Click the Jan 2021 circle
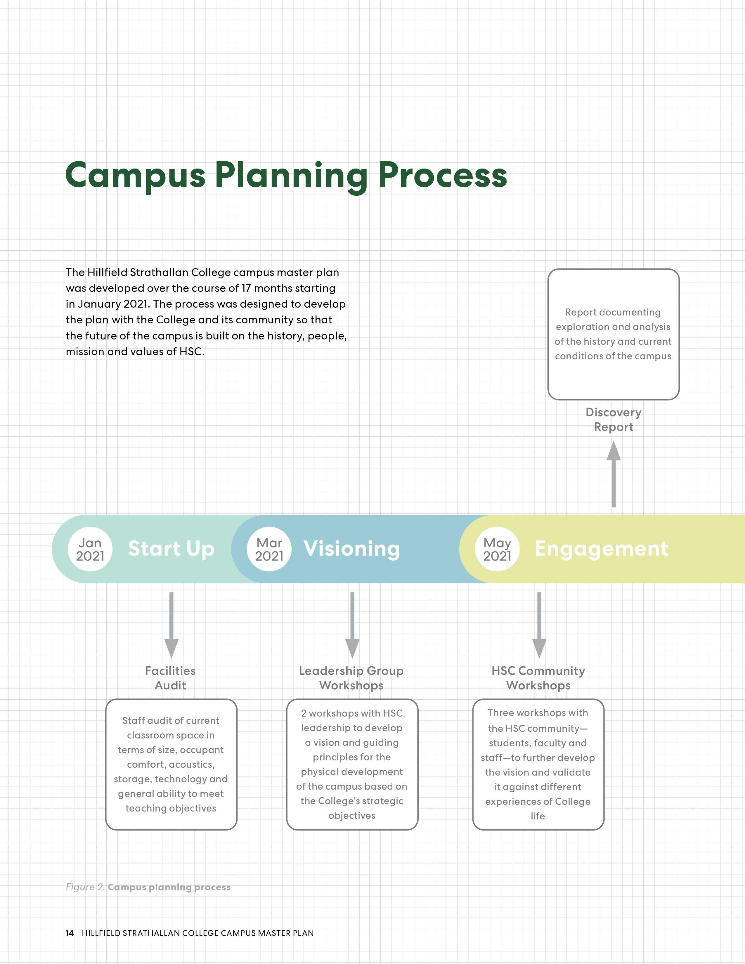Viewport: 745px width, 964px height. [x=90, y=549]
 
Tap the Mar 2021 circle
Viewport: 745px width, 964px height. [x=269, y=549]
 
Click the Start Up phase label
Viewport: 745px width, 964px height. [x=171, y=549]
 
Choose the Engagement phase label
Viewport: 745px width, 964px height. [x=601, y=549]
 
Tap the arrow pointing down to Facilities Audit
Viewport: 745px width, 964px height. [x=171, y=625]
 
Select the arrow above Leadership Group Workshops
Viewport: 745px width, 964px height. [x=352, y=625]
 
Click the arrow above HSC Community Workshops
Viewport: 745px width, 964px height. [x=539, y=625]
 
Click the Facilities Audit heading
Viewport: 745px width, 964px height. [x=170, y=678]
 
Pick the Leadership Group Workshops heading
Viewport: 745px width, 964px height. [x=351, y=678]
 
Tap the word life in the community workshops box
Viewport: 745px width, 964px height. [x=538, y=816]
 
